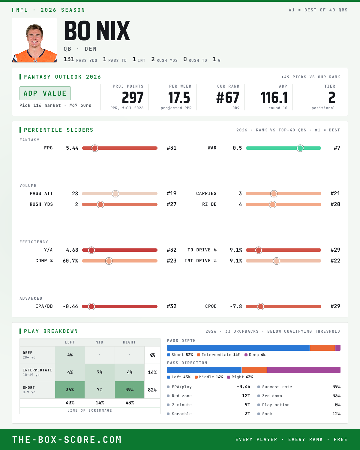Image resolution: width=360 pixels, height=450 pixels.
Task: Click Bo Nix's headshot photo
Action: click(34, 40)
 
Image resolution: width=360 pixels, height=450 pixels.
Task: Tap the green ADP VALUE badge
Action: click(45, 93)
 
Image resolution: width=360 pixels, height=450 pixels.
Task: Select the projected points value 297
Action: click(133, 98)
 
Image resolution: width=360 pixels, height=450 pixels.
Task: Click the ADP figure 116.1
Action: click(274, 98)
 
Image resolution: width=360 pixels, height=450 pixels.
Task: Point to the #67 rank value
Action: click(228, 98)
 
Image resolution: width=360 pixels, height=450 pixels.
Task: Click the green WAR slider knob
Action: click(300, 148)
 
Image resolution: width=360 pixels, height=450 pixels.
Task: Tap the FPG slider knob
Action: click(95, 148)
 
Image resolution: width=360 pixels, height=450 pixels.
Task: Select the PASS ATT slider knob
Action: click(115, 193)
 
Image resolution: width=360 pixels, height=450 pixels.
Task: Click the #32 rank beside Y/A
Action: click(172, 250)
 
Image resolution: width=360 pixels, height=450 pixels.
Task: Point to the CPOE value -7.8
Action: click(236, 306)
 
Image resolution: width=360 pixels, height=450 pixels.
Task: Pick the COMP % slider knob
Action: click(109, 261)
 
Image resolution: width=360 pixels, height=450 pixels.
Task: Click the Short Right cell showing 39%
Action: click(130, 390)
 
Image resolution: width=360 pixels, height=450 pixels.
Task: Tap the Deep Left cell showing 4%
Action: click(70, 355)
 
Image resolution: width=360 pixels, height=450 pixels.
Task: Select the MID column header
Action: click(100, 342)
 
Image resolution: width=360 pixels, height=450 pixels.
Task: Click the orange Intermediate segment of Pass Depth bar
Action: click(322, 348)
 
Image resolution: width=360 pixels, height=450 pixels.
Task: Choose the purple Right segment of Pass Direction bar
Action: click(304, 370)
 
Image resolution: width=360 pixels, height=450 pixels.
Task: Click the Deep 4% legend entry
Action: click(255, 355)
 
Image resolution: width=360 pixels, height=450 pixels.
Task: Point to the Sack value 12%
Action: click(336, 414)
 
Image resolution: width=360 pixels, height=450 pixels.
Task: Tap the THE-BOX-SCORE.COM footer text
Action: click(67, 439)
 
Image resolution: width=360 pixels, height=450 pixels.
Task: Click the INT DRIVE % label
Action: click(200, 261)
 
